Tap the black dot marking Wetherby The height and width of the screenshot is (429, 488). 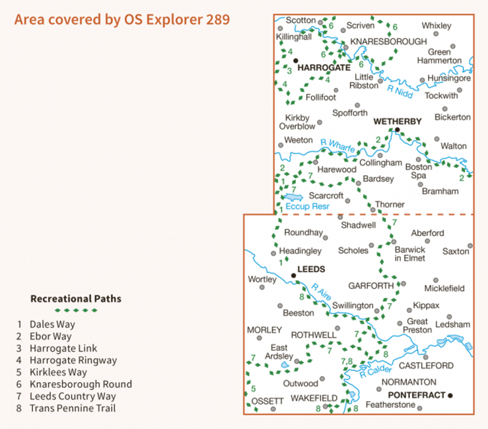397,129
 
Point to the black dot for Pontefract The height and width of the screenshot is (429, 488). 451,395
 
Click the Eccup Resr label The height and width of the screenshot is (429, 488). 307,206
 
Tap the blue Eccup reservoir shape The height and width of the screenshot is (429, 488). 292,197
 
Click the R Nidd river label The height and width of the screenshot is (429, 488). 400,92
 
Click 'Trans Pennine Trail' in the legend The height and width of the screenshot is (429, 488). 73,408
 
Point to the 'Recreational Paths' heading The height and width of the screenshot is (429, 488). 76,299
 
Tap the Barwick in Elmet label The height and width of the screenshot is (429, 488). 410,253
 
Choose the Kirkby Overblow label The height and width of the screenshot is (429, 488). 298,122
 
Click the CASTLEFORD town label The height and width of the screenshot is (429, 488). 426,366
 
